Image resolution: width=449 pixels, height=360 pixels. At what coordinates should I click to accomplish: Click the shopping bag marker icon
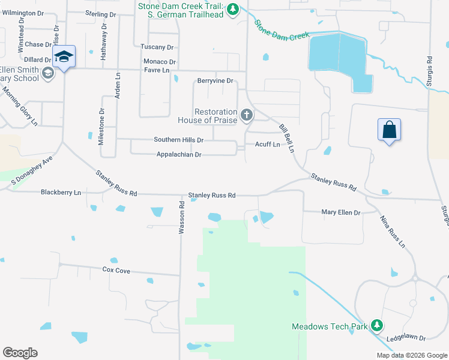pos(389,129)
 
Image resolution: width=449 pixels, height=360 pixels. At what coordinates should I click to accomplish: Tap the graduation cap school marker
pos(64,56)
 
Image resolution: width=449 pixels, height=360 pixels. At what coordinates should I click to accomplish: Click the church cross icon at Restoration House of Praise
pos(246,115)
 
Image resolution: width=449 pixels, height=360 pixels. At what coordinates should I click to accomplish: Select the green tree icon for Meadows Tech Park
pos(376,325)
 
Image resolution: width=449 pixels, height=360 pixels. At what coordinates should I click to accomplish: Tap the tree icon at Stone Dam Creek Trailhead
pos(234,9)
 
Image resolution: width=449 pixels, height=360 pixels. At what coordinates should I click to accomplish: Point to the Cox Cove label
pos(116,271)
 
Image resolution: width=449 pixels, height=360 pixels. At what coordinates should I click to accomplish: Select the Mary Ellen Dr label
pos(340,212)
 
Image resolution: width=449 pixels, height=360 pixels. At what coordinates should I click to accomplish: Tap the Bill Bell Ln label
pos(289,139)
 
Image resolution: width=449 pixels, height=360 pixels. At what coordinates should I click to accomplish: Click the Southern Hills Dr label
pos(179,140)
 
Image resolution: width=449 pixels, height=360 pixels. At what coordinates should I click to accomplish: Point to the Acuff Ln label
pos(267,145)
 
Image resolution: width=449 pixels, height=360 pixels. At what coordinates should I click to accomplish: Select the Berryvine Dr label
pos(214,80)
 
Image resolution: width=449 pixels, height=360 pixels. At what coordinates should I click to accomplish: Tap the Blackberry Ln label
pos(61,193)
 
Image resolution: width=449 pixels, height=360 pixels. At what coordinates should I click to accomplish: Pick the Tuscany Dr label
pos(157,47)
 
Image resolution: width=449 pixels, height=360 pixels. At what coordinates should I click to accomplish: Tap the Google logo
pos(20,353)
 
